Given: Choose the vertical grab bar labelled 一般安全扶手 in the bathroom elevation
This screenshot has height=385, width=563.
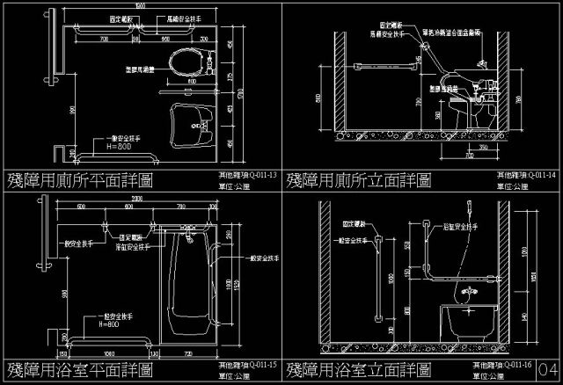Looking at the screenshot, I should pyautogui.click(x=378, y=280).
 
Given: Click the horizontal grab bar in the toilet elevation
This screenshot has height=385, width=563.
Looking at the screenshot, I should pyautogui.click(x=384, y=64).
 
